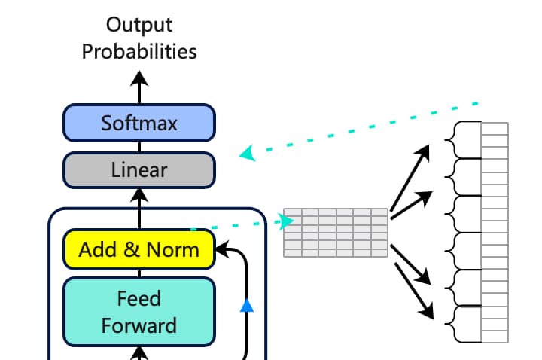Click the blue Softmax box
139,123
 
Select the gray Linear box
139,170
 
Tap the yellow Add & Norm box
139,249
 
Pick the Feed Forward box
139,312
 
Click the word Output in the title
139,25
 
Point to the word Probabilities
139,52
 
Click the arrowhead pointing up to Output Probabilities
139,78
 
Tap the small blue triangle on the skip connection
247,306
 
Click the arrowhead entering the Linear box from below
139,195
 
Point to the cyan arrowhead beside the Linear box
248,153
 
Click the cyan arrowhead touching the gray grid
286,221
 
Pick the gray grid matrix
336,233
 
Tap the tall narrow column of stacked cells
495,233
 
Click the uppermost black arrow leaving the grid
410,178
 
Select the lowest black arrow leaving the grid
414,291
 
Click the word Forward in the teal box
139,326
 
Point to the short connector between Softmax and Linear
139,147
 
